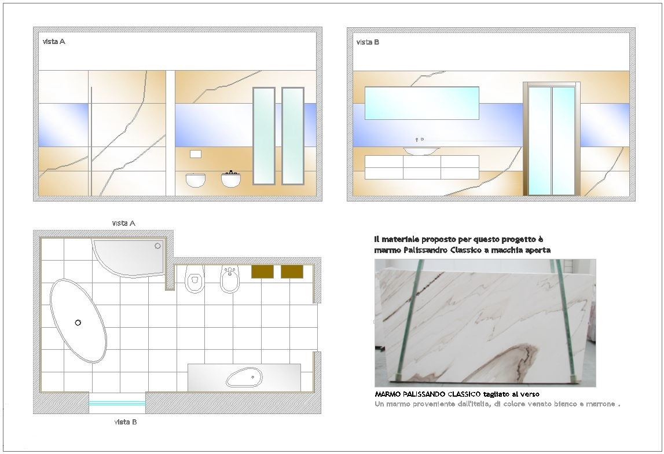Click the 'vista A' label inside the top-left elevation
(54, 42)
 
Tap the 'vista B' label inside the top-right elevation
(368, 42)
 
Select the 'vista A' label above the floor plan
(124, 223)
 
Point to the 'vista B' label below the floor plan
(126, 422)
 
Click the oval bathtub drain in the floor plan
(78, 323)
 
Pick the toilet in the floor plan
(195, 279)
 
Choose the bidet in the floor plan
(230, 279)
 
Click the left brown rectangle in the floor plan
(262, 272)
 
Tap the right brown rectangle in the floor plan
(292, 272)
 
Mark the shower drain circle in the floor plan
(157, 246)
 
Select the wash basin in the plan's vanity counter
(244, 378)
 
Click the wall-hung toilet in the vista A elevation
(195, 180)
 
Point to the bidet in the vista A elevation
(231, 179)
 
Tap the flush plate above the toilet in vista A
(196, 153)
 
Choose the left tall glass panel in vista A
(264, 136)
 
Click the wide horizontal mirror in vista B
(422, 103)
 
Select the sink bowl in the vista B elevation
(421, 151)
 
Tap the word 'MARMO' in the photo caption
(386, 394)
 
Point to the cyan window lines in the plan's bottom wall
(117, 404)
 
